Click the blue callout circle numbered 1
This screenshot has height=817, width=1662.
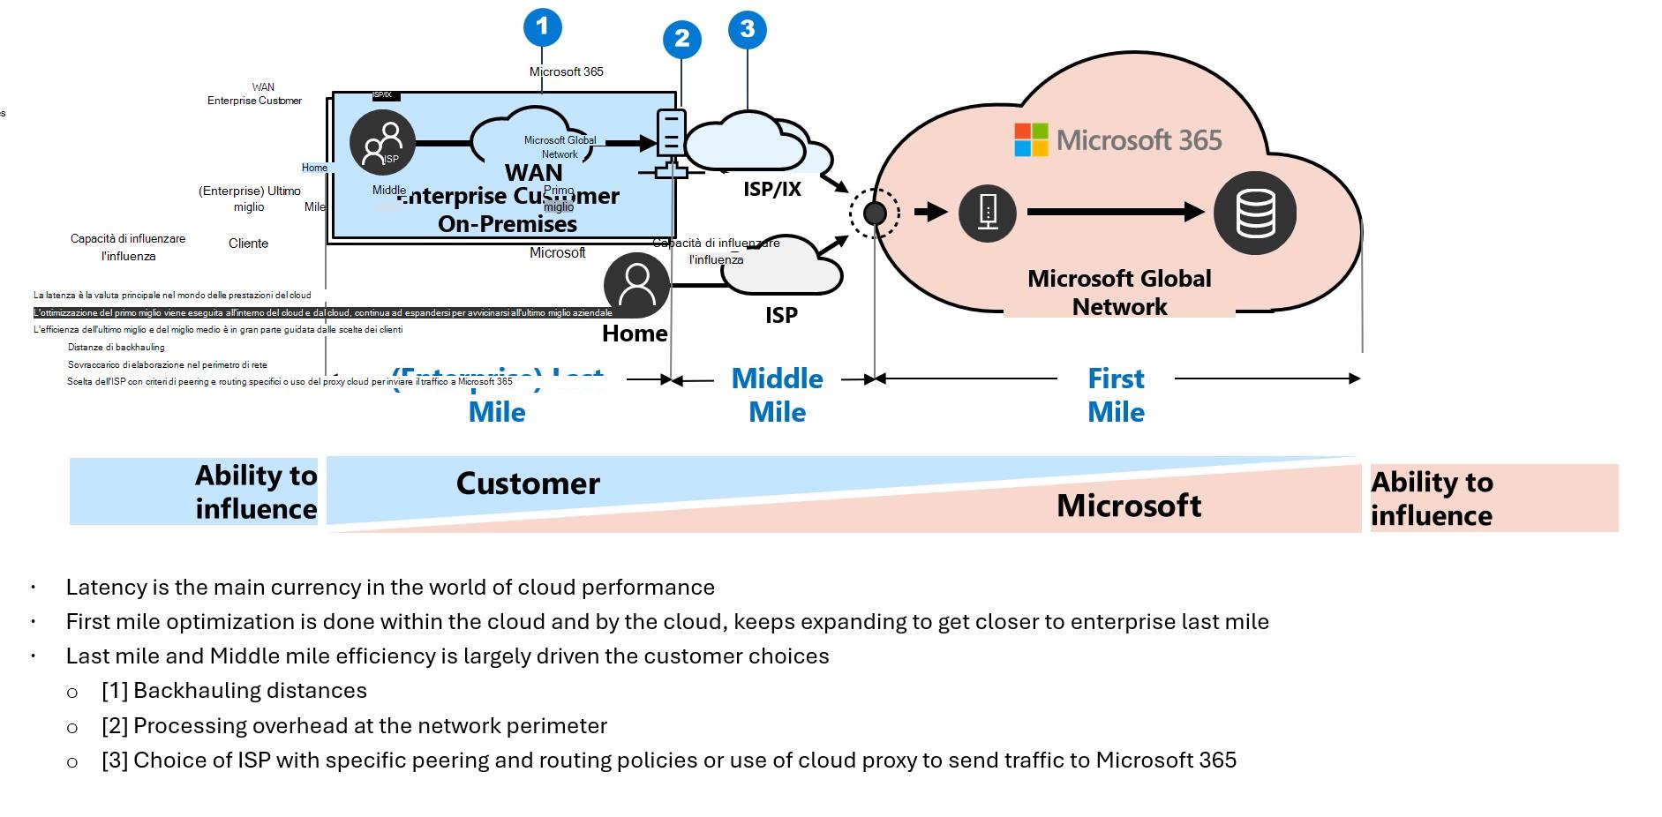(542, 27)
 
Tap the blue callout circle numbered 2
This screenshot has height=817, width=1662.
(681, 39)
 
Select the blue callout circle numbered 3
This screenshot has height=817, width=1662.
(747, 30)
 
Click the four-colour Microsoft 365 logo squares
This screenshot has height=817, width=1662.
(1031, 140)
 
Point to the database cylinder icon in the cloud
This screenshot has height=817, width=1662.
(1254, 214)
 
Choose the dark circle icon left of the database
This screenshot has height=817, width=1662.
(987, 213)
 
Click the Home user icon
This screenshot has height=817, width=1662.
(636, 285)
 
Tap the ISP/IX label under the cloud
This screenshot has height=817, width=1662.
(772, 189)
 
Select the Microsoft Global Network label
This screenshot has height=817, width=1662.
(1119, 292)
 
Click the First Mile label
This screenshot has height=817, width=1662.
(1116, 395)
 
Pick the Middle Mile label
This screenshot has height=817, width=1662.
(777, 395)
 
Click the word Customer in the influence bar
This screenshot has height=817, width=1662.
(528, 483)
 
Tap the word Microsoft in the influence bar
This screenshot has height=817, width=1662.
(1129, 506)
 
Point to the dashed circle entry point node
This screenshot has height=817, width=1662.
(875, 213)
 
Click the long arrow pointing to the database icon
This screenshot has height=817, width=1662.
(1116, 212)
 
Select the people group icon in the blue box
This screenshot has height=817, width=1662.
(382, 143)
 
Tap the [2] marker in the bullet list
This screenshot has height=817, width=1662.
(115, 726)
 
